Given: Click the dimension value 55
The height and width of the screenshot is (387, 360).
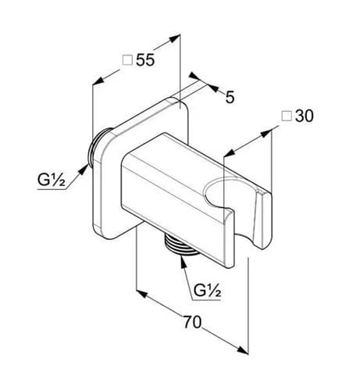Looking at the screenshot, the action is pos(145,60).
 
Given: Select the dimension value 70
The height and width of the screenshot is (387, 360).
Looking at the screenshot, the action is pos(193,322).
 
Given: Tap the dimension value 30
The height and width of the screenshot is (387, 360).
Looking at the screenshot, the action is pos(305,116).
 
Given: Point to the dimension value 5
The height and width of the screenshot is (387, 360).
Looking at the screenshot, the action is pos(230,97).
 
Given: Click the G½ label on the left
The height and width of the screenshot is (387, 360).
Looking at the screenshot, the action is pos(51,180).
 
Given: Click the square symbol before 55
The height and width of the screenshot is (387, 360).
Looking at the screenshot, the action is pos(127,60).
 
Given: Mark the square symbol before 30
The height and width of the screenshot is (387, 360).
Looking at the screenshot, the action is pos(287,116).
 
